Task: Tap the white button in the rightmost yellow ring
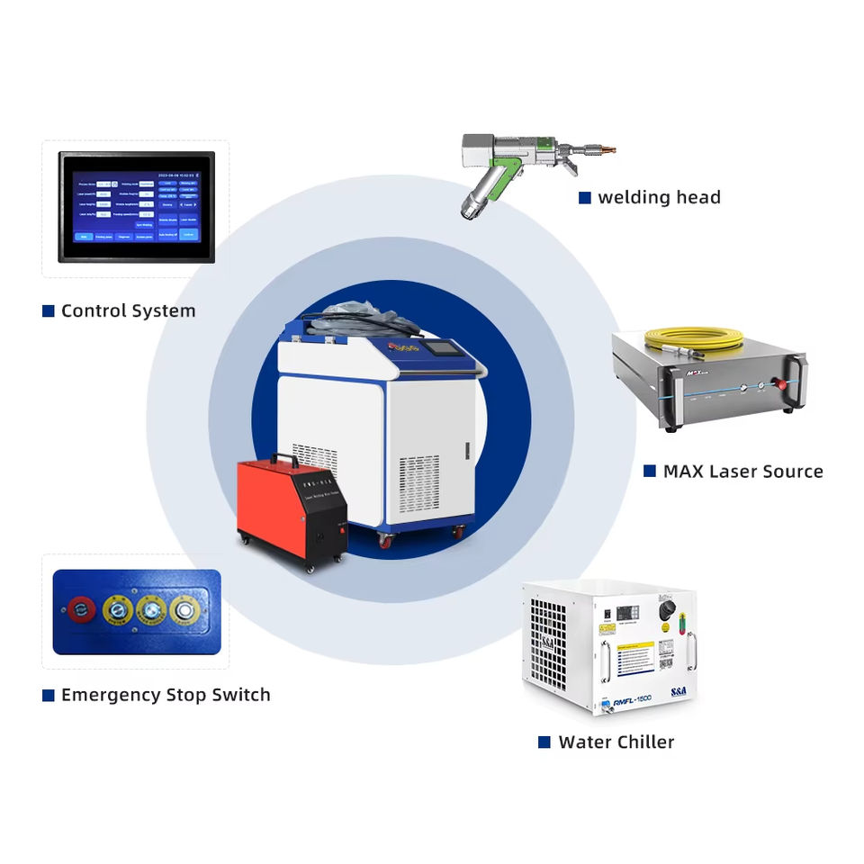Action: pos(186,610)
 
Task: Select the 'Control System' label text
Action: pos(128,311)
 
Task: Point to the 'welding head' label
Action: pos(659,198)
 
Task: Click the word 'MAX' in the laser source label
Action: pos(683,471)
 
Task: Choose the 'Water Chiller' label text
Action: pos(616,742)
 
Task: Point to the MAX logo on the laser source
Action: pos(688,368)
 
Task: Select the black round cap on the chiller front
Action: pos(667,610)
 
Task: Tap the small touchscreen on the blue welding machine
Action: pos(438,348)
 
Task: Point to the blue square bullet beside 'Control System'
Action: pos(48,311)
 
